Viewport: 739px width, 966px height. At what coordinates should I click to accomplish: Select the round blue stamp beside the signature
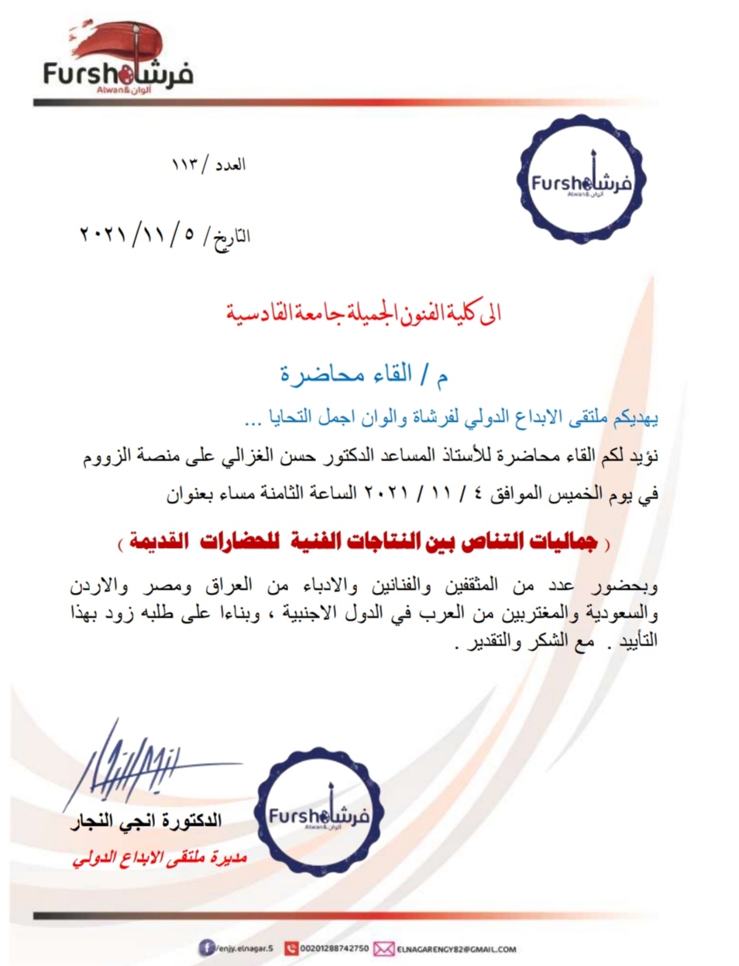point(318,816)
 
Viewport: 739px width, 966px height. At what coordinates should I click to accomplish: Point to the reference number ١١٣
point(186,165)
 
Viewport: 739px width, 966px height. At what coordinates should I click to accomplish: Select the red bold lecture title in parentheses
point(364,542)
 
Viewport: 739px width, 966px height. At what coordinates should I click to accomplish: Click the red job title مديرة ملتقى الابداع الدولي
point(159,858)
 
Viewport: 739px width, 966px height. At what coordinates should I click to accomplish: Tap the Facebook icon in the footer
point(207,947)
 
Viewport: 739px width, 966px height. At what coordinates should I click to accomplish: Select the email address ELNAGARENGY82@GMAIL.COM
point(456,948)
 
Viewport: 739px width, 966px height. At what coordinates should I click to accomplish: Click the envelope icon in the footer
point(383,948)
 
